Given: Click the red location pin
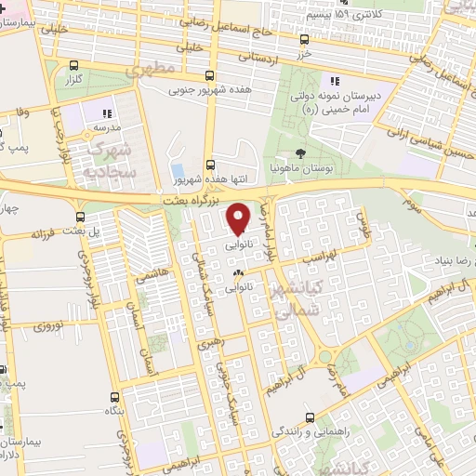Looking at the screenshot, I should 239,218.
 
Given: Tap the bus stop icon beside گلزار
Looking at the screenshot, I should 74,65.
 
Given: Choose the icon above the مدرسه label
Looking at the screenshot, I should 107,113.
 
